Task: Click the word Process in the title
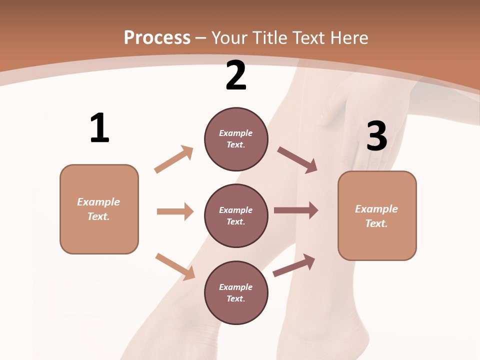pos(157,38)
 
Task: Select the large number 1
pos(99,128)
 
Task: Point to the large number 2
pos(236,75)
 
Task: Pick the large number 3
pos(376,136)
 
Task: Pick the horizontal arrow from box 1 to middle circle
pos(175,211)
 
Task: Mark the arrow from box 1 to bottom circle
pos(175,266)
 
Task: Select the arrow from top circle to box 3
pos(297,160)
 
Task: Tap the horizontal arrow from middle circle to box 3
pos(296,210)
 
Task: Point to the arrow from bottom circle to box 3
pos(294,265)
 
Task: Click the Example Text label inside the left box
pos(98,209)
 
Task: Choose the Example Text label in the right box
pos(376,216)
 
